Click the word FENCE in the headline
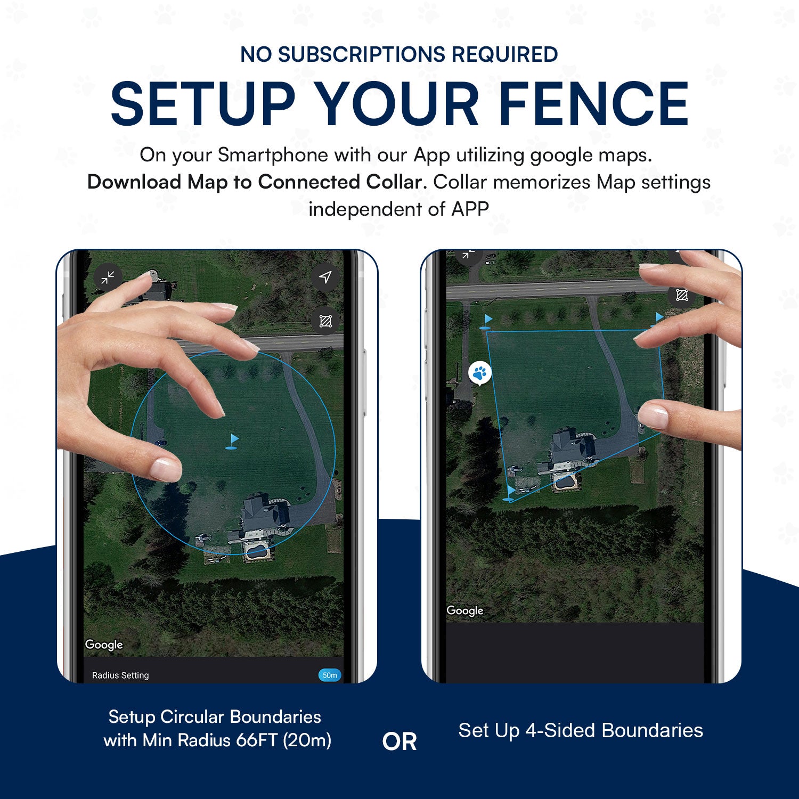(593, 103)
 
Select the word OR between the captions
(399, 741)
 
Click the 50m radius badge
(330, 675)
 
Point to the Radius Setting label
(120, 675)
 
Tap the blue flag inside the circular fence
(232, 442)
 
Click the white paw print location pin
(479, 373)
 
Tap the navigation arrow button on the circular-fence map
(325, 277)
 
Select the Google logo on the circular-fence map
(104, 645)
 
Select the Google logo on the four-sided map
(465, 610)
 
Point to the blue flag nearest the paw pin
(487, 321)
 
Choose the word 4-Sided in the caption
(561, 730)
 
